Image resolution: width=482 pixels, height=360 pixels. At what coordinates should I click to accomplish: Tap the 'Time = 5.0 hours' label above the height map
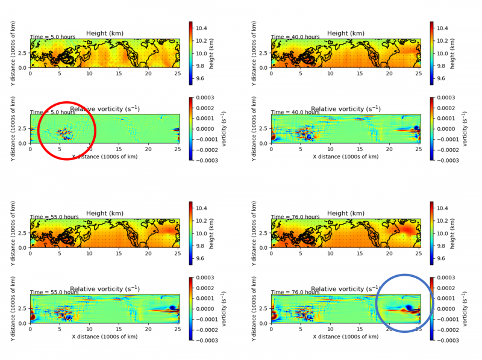tap(52, 37)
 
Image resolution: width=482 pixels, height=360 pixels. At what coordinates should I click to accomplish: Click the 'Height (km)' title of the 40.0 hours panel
tap(346, 33)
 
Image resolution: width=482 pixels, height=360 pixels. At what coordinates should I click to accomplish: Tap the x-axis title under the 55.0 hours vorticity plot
tap(105, 337)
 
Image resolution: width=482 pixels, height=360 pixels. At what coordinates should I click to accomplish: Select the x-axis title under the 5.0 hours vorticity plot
tap(105, 157)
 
